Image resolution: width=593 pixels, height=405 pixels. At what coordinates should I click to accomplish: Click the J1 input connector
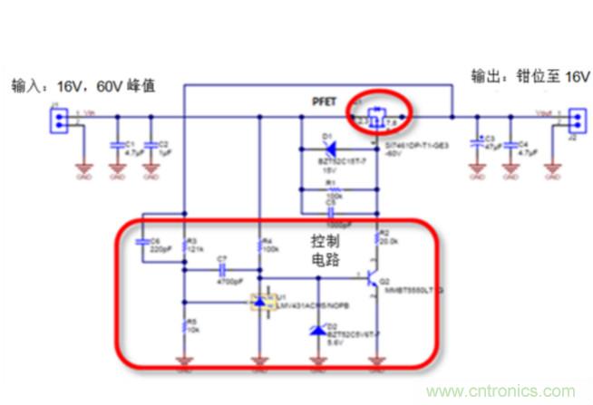coord(55,119)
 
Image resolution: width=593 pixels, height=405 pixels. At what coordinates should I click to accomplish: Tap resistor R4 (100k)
coord(259,246)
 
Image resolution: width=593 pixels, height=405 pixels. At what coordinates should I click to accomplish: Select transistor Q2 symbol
coord(374,280)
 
